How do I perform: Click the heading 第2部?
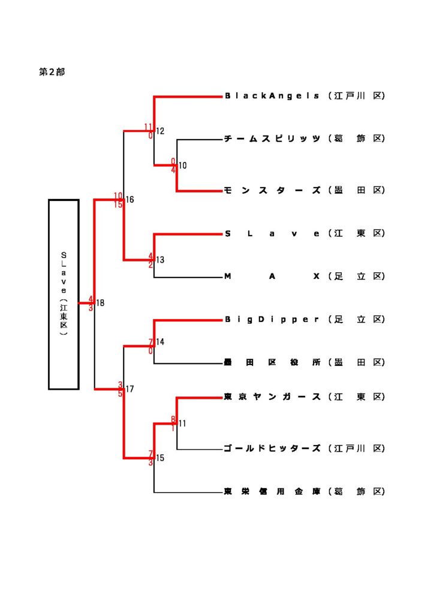point(52,72)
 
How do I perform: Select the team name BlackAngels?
point(272,96)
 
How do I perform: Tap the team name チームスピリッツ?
point(272,139)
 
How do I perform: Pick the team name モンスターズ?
point(272,190)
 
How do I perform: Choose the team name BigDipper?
point(272,320)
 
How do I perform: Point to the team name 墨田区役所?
point(272,362)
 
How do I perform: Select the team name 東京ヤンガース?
point(272,397)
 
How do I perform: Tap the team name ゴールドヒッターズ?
point(272,449)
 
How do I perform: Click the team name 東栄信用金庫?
point(272,492)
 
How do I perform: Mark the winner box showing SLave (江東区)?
point(64,294)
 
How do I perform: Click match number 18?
point(100,303)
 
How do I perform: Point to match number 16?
point(130,200)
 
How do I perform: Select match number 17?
point(130,389)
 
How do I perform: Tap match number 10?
point(183,165)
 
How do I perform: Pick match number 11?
point(182,423)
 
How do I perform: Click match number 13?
point(160,260)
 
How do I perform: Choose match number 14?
point(160,342)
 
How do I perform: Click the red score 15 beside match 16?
point(118,204)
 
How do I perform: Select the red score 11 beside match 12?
point(149,127)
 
